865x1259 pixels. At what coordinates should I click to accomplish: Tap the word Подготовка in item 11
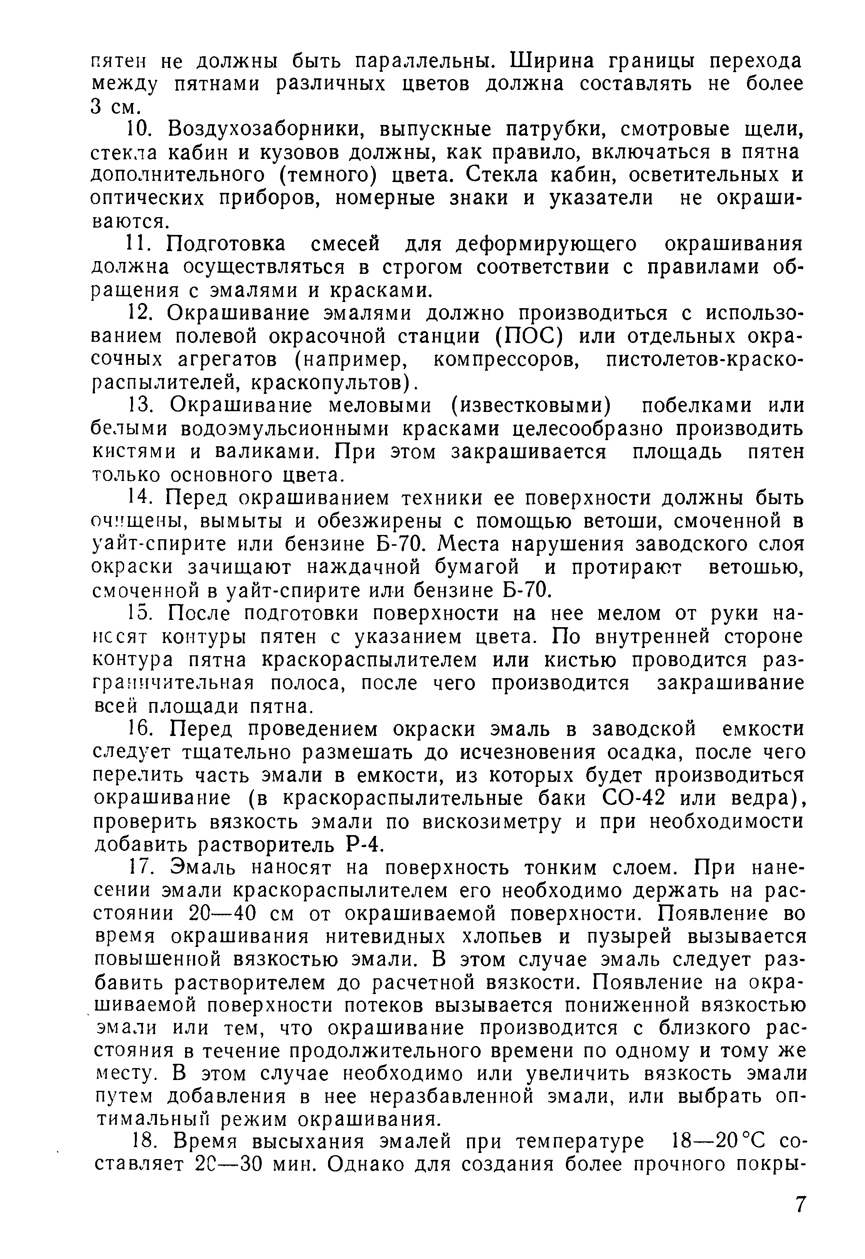226,245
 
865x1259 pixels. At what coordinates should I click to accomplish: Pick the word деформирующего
546,245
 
